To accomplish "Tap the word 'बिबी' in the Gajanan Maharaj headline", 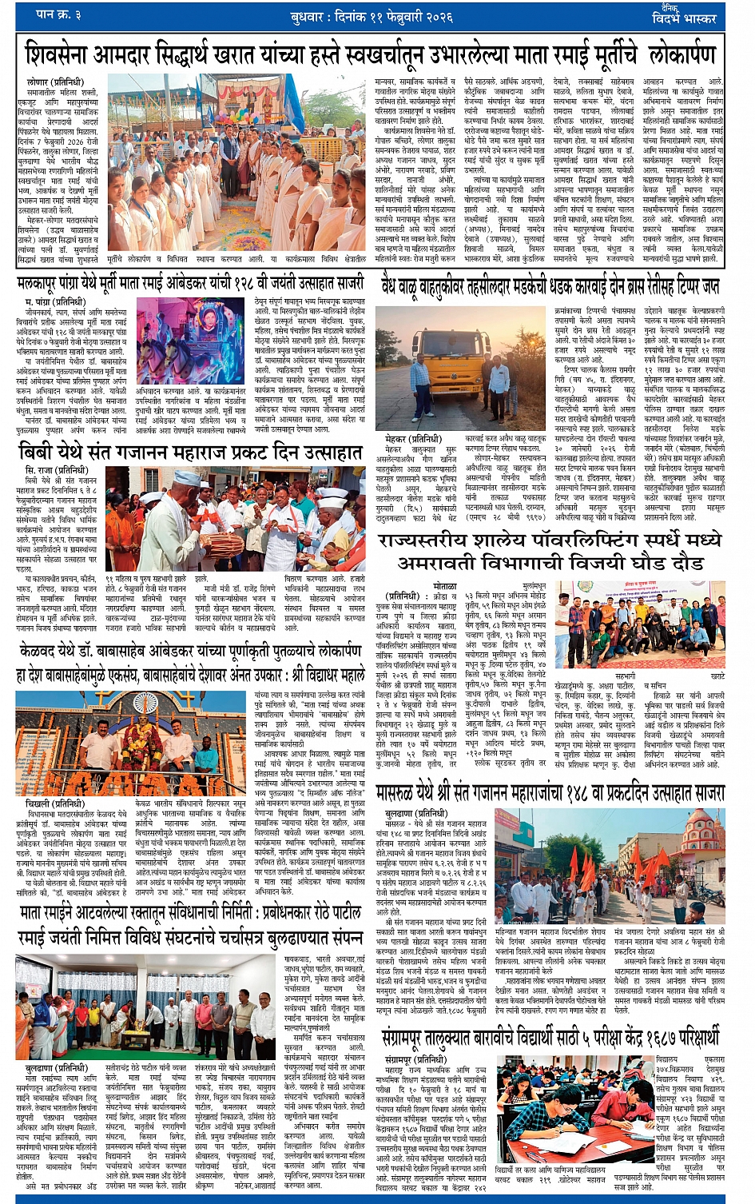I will tap(36, 453).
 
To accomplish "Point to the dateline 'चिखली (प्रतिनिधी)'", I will tap(53, 803).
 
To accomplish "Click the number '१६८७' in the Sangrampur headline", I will tap(659, 1037).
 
